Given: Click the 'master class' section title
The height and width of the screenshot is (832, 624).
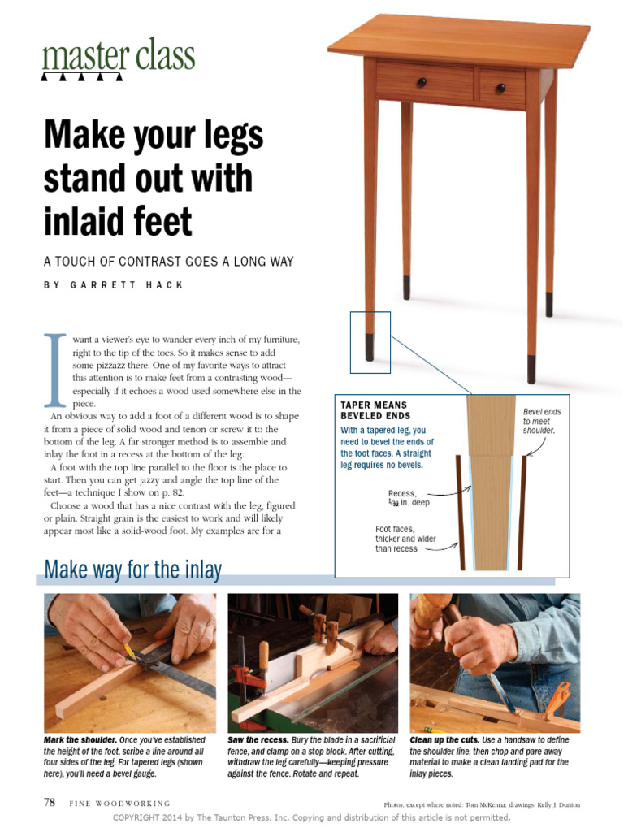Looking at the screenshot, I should coord(119,56).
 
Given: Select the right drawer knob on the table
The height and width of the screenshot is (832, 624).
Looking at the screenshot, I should coord(500,87).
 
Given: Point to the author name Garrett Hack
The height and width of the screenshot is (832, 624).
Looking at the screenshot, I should coord(113,285).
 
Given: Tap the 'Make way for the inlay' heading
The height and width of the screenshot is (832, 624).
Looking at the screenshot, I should coord(132,570).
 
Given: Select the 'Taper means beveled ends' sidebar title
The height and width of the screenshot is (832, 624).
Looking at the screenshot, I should coord(374,410).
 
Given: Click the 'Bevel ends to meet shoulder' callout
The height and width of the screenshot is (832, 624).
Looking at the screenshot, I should coord(542,421).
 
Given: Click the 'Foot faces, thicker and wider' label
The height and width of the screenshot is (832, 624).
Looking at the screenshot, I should coord(396,539).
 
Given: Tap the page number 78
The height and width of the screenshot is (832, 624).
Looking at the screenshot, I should coord(49,802).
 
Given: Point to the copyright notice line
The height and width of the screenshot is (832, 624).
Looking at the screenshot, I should coord(312,817).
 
